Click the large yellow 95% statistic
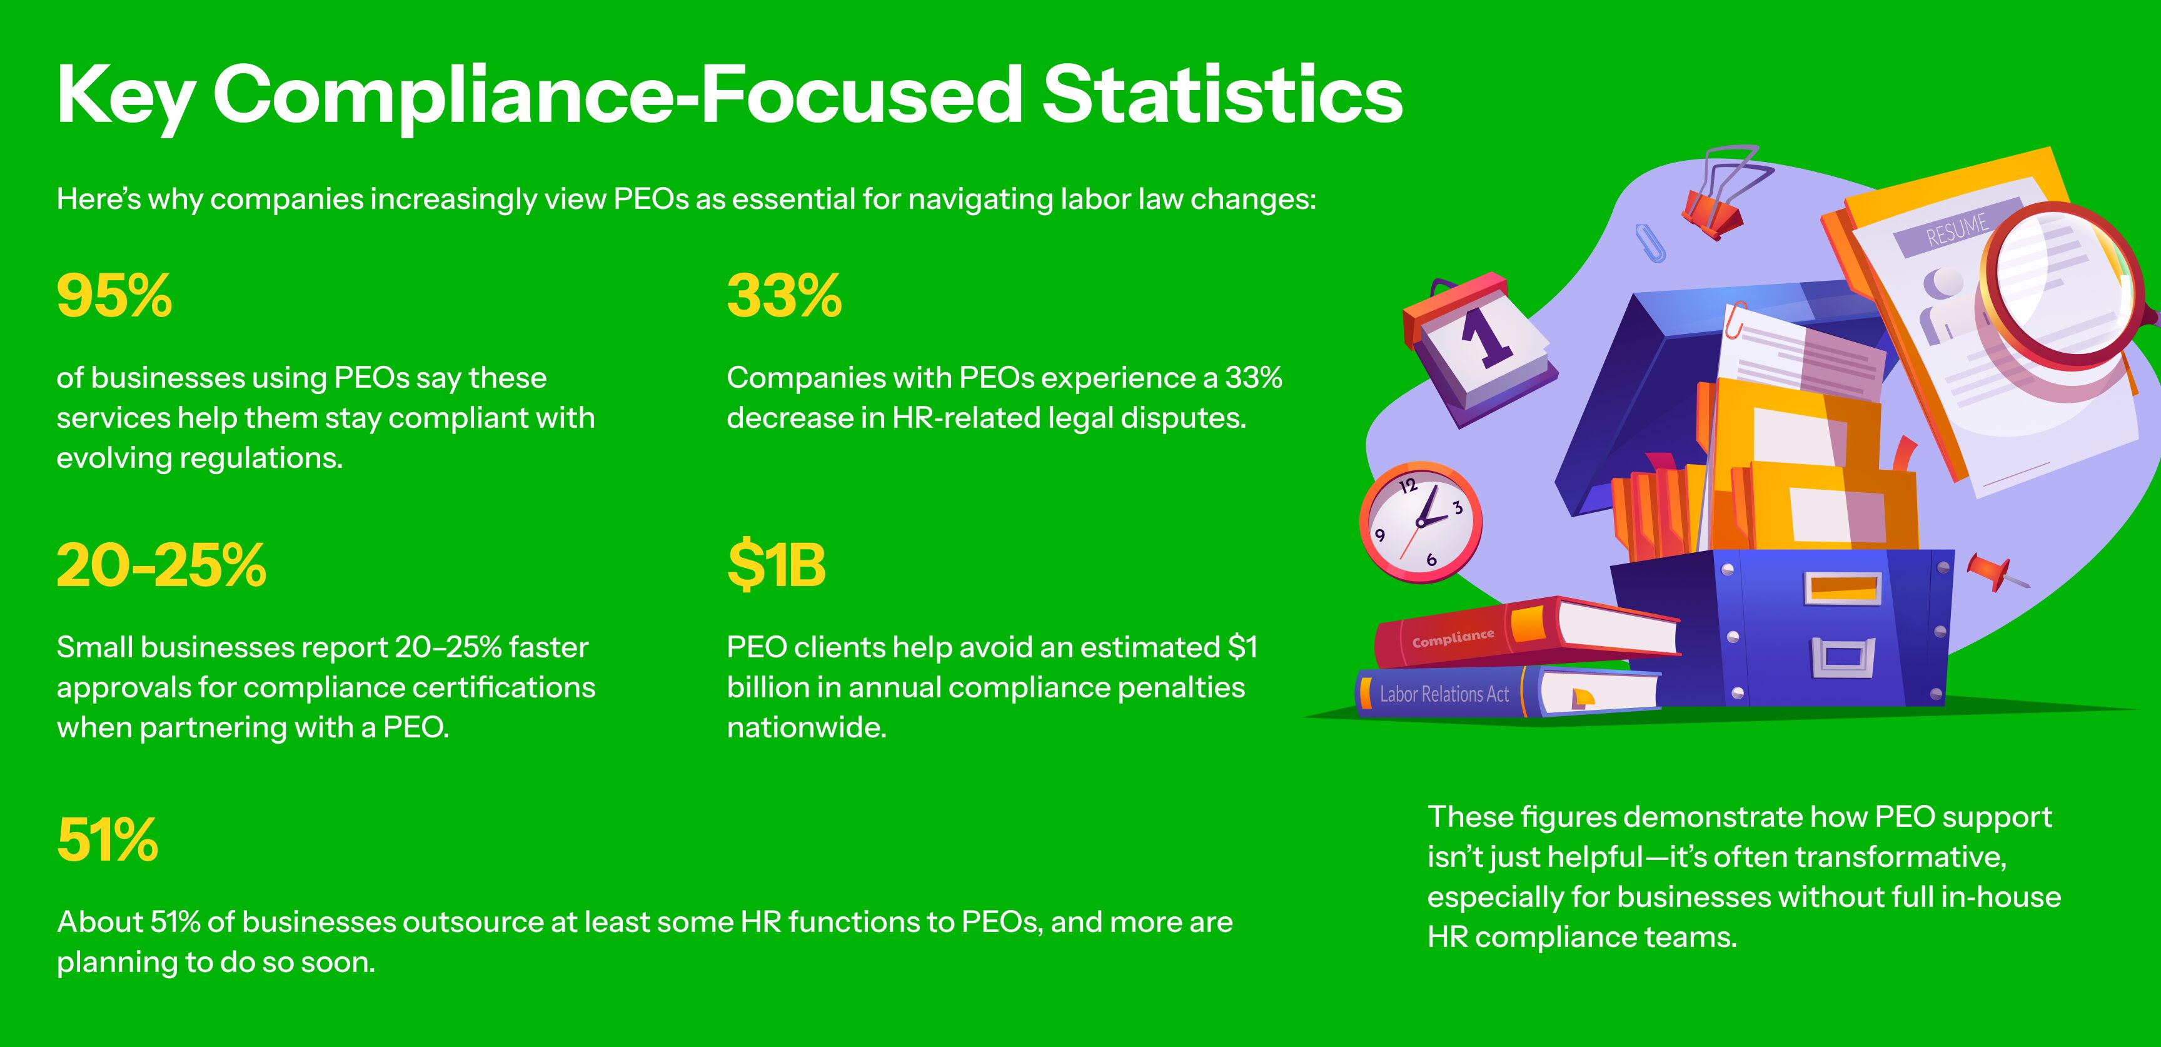[x=114, y=296]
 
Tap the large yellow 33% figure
[x=784, y=296]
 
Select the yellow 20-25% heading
[x=161, y=565]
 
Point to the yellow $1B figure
[x=776, y=565]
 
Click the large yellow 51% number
[x=108, y=840]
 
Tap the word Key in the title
[x=125, y=99]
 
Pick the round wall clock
[x=1420, y=522]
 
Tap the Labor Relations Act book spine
[x=1444, y=694]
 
